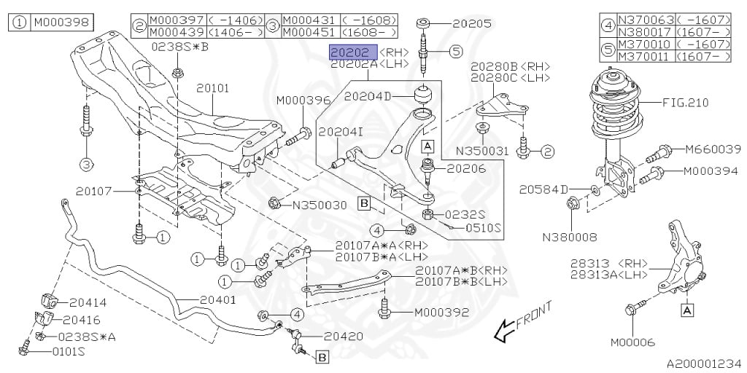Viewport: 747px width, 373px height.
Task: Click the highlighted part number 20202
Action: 354,52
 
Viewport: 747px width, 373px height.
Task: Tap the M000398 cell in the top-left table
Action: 61,23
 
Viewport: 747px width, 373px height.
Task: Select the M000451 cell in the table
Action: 310,32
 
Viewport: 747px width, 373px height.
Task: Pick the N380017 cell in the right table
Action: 646,32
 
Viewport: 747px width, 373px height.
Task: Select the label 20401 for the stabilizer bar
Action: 217,300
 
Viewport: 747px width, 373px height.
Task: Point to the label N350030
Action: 320,205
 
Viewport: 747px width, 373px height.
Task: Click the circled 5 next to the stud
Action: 456,51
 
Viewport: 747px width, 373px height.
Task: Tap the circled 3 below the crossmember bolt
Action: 86,165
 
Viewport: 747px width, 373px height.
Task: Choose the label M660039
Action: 713,149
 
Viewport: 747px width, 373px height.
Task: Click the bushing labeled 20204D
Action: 423,94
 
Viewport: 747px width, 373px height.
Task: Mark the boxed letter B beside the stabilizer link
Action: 322,356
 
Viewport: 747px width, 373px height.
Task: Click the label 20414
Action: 88,302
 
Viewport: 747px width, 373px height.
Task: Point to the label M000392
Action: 441,313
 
